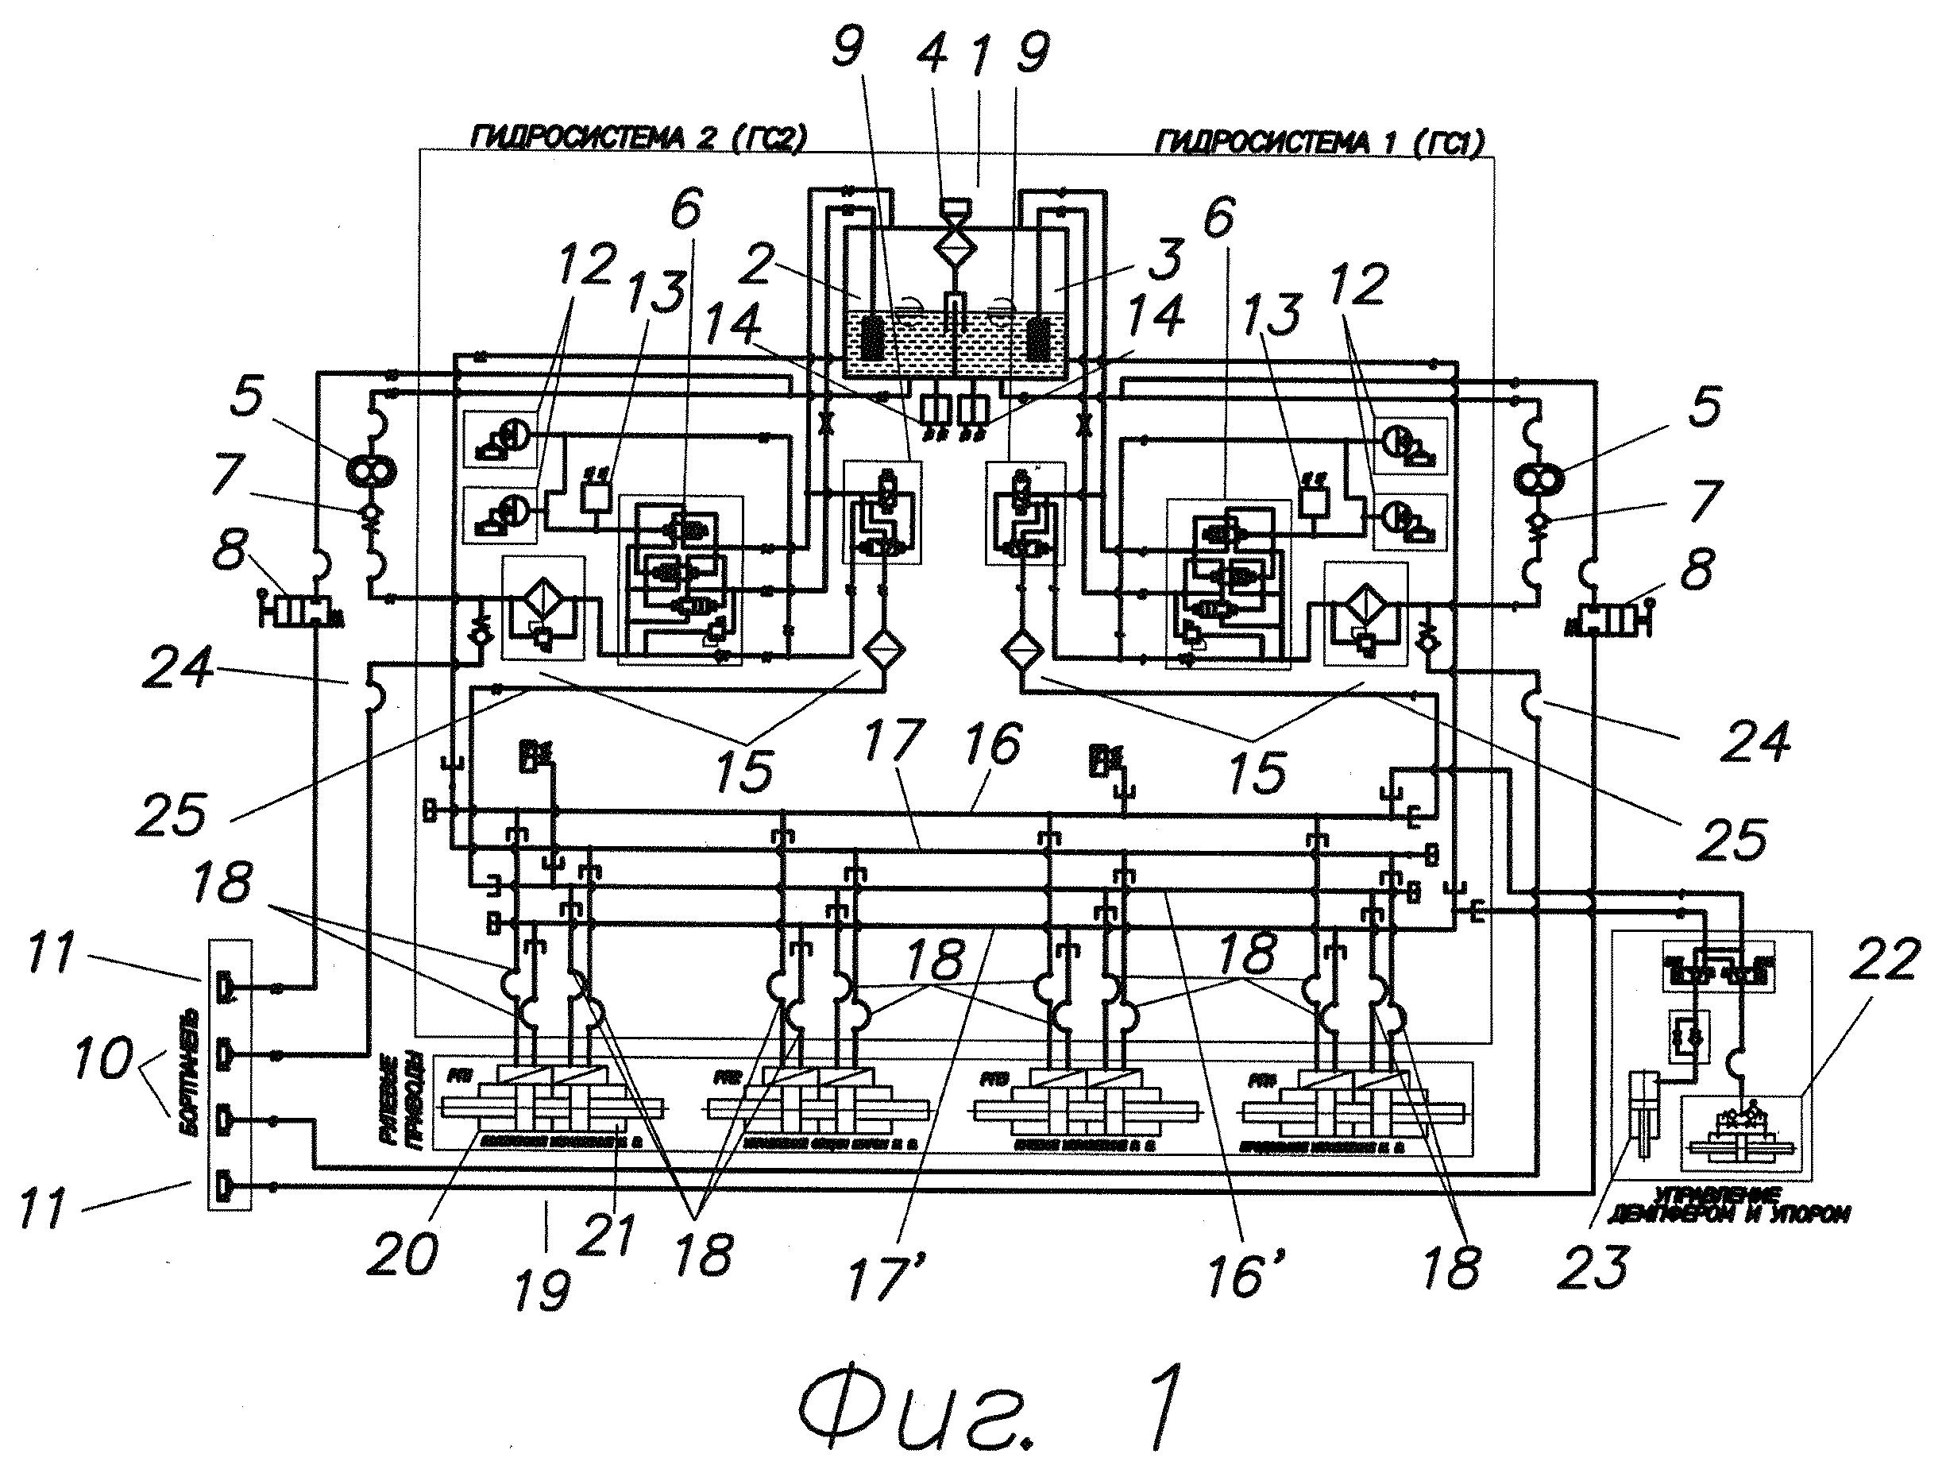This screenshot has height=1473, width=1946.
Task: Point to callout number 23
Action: click(1593, 1265)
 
